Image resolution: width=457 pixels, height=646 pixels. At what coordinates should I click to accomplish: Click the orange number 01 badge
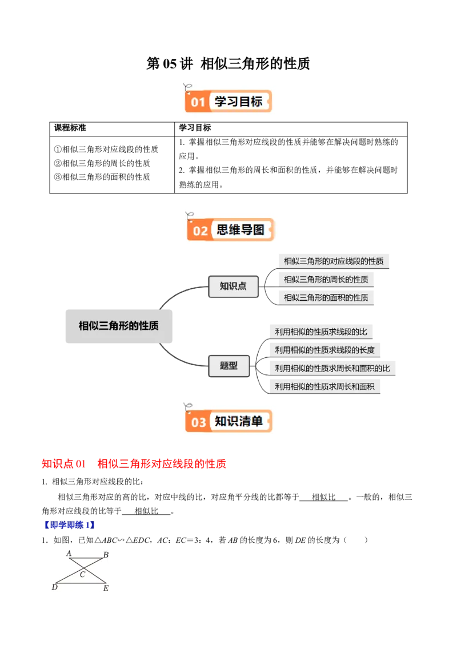coord(198,103)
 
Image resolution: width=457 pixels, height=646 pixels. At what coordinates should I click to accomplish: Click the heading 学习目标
coord(238,102)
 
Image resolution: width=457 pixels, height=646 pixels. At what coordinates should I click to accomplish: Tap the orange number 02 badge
coord(201,231)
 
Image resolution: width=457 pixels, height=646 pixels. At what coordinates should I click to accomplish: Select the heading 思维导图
coord(240,229)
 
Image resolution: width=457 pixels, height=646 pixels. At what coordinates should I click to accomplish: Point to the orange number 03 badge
coord(198,422)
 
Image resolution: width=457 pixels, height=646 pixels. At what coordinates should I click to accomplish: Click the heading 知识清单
coord(239,421)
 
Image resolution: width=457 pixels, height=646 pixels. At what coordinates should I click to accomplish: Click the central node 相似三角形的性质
coord(118,326)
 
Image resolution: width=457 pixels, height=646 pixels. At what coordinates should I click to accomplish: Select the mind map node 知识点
coord(233,286)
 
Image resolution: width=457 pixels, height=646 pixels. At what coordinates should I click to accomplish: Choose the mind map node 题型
coord(228,366)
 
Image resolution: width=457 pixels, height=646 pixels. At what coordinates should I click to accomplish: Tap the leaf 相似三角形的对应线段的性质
coord(334,261)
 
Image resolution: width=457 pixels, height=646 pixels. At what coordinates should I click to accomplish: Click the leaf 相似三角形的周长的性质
coord(326,280)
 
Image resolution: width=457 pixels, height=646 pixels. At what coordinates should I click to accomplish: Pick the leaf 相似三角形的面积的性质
coord(326,297)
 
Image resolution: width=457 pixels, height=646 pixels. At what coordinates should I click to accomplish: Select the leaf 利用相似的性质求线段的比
coord(321,332)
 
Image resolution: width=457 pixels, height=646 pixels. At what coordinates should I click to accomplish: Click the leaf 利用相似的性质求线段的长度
coord(325,350)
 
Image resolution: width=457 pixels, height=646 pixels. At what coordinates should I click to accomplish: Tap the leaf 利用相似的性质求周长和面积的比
coord(332,368)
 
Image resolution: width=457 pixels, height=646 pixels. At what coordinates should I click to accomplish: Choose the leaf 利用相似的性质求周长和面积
coord(324,386)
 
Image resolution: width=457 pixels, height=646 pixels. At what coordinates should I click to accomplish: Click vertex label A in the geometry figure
coord(69,554)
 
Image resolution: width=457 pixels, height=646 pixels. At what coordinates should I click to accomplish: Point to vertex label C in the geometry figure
coord(82,575)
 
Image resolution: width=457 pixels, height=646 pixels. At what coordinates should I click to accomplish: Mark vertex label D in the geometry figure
coord(55,587)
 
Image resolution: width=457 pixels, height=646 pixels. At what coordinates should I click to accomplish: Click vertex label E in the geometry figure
coord(105,588)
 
